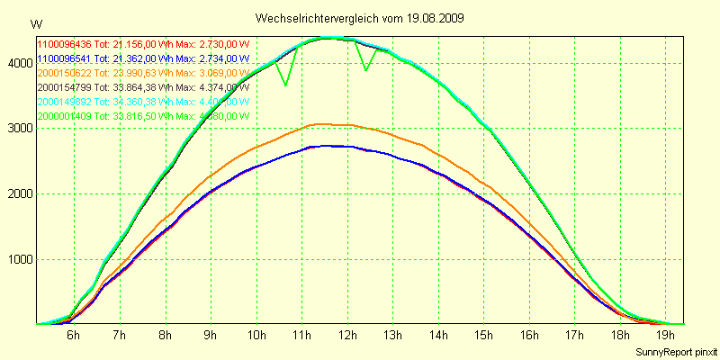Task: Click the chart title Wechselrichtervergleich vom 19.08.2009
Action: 359,18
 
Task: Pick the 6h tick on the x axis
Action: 73,336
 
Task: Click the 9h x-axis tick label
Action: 210,336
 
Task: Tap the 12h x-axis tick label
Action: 346,336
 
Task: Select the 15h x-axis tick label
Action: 484,336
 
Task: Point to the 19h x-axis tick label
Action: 667,336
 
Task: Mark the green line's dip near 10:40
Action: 285,85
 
